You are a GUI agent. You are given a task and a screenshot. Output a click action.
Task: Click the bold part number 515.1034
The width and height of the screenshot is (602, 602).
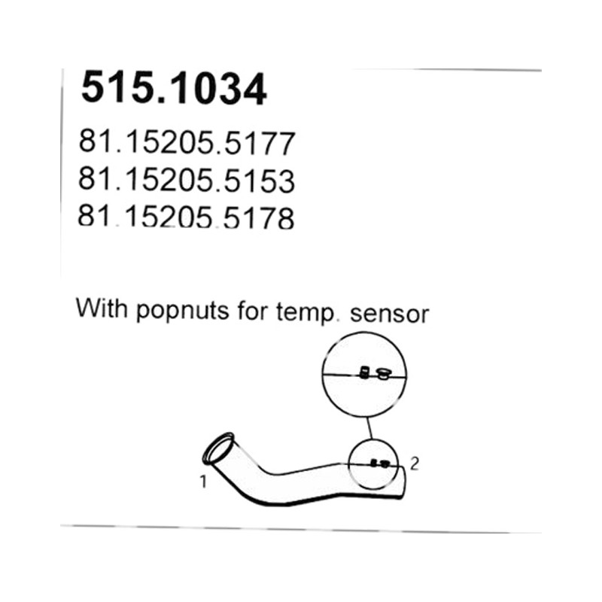coord(174,89)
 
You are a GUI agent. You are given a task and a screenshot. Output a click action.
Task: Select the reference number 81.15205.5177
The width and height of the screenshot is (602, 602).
coord(187,143)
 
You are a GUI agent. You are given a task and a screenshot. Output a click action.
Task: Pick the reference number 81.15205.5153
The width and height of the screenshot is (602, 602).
coord(187,180)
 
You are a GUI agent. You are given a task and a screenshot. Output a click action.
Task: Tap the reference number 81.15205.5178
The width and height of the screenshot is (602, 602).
coord(186,217)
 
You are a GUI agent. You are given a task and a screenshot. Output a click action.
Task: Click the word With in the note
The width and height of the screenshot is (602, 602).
coord(102,308)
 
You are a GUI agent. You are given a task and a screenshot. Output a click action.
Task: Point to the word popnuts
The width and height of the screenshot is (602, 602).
coord(183,312)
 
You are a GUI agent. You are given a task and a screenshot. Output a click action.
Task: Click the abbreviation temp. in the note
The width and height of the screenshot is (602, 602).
coord(305,313)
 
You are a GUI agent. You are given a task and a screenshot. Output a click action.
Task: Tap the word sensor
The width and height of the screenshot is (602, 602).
coord(389,315)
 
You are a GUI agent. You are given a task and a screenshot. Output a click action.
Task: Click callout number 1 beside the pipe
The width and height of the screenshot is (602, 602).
coord(203,482)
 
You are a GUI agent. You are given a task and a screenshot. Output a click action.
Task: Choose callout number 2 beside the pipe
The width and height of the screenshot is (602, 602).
coord(415,464)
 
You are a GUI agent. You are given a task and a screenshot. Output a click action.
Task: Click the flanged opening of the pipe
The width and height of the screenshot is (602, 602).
coord(217,448)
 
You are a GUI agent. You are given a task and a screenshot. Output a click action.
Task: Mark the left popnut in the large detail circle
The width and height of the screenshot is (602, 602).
coord(364,372)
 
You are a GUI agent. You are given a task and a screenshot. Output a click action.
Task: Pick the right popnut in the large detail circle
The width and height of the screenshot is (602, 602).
coord(382,373)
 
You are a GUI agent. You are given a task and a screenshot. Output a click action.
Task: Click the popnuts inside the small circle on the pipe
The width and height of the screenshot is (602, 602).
coord(380,464)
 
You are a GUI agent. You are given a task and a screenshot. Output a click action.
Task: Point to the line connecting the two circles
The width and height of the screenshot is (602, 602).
coord(369,427)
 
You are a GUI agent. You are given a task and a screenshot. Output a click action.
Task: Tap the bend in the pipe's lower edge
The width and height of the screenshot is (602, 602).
coord(250,498)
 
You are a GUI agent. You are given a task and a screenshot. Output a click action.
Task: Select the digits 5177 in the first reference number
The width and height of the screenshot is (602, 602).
coord(260,143)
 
